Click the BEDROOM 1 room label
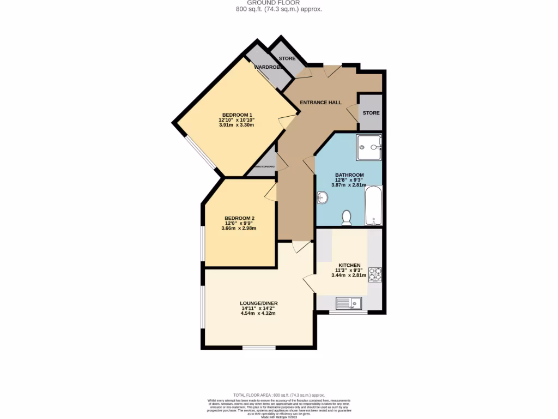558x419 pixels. point(236,115)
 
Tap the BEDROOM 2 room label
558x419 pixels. point(239,218)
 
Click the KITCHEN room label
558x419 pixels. point(349,265)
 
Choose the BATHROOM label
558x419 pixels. point(349,175)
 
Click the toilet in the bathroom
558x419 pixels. point(346,218)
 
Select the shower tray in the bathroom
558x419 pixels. point(369,148)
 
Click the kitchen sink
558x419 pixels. point(348,302)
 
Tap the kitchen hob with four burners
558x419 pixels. point(375,274)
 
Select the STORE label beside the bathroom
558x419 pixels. point(371,113)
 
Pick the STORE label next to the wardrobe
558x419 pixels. point(287,58)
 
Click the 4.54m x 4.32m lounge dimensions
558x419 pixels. point(258,313)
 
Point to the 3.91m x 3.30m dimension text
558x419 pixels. point(236,125)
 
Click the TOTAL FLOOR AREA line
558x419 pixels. point(278,394)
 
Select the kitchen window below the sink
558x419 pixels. point(348,313)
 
